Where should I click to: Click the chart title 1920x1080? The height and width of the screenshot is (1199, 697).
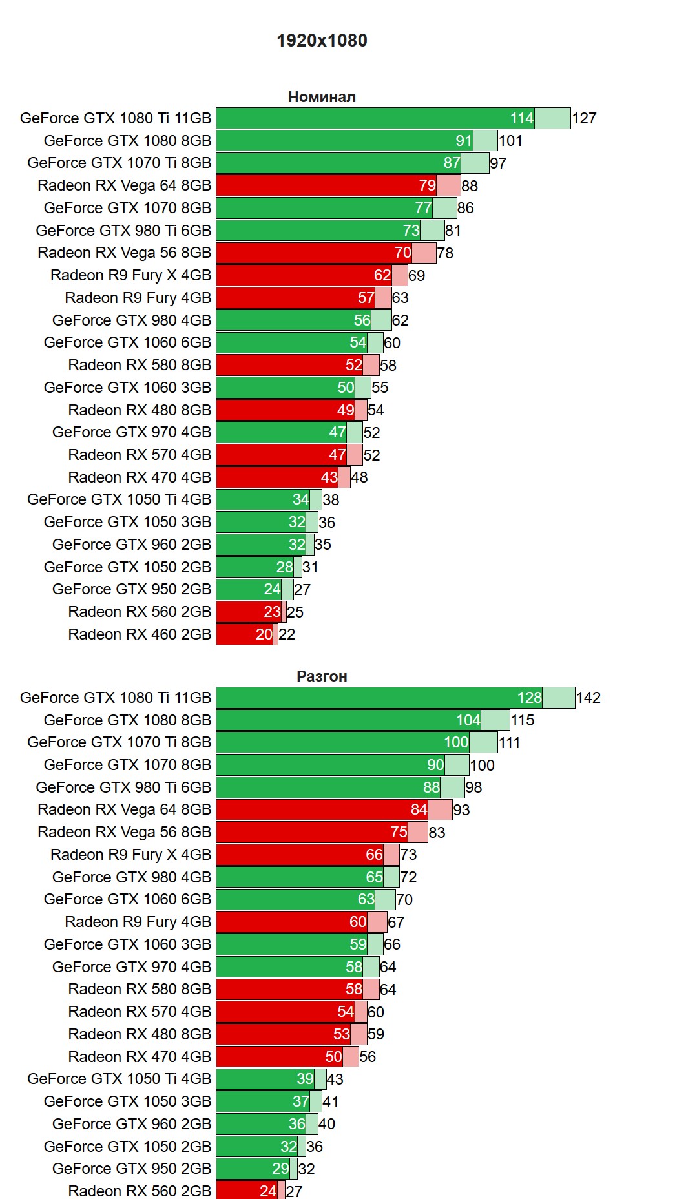[x=322, y=41]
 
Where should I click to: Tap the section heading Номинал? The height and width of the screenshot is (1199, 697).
[x=322, y=97]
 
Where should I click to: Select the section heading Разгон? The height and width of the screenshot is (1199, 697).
[x=322, y=676]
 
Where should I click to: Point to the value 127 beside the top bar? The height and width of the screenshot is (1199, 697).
[x=584, y=118]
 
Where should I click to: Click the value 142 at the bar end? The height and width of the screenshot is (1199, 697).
[x=588, y=698]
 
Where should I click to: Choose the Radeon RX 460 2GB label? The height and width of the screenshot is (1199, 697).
[x=140, y=634]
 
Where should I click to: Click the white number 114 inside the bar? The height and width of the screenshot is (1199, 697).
[x=521, y=118]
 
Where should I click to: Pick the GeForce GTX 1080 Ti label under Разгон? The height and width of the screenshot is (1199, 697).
[x=116, y=698]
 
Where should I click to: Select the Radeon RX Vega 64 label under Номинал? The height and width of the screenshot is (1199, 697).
[x=124, y=185]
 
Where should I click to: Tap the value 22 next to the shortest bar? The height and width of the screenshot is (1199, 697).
[x=287, y=634]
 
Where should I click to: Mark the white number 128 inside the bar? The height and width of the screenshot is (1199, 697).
[x=529, y=698]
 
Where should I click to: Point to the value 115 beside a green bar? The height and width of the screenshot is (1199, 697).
[x=523, y=720]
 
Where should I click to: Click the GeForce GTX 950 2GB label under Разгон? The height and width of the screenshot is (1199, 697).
[x=132, y=1169]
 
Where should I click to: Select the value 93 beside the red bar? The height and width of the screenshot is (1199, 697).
[x=461, y=810]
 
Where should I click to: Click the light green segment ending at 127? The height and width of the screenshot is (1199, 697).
[x=552, y=118]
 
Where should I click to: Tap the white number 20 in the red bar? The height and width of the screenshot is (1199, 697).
[x=264, y=634]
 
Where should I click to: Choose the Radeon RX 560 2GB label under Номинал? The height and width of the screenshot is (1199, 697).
[x=140, y=612]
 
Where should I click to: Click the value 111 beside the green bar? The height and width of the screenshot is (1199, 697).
[x=509, y=743]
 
